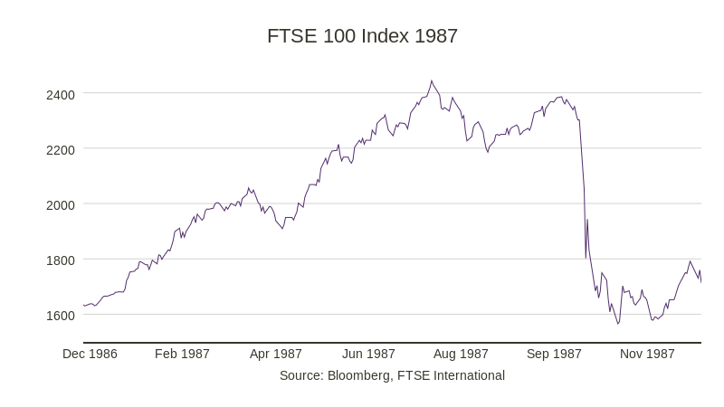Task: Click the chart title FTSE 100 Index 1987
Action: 362,36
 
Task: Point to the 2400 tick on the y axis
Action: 61,94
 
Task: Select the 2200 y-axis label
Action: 61,149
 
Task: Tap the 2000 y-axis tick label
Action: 61,204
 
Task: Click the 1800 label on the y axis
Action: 61,260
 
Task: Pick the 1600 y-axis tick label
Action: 61,316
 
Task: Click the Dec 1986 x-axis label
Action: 90,354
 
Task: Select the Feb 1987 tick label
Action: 182,354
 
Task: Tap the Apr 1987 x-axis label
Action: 276,354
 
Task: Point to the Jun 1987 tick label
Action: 368,354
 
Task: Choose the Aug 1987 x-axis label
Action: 461,354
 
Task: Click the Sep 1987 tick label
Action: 554,354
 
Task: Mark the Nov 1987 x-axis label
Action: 647,354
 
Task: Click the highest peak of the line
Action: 432,81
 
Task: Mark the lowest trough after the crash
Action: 618,324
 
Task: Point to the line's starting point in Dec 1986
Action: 84,306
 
